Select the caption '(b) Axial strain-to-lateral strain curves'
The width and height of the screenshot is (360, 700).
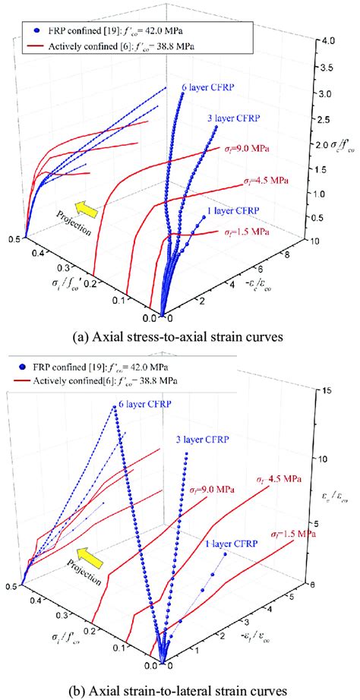(180, 690)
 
